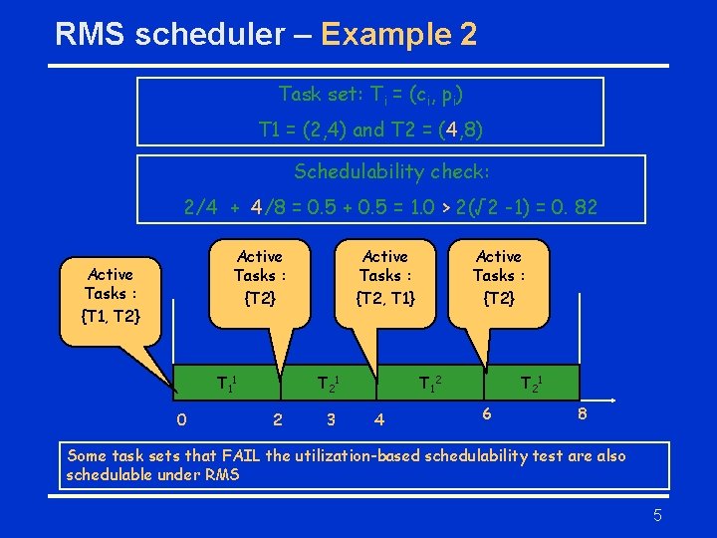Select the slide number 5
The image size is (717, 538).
point(657,515)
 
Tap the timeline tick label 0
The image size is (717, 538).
point(180,419)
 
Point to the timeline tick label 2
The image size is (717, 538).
point(277,419)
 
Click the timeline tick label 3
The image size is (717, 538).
point(331,419)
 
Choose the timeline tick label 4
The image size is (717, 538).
point(379,419)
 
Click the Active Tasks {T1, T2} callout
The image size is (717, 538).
point(111,295)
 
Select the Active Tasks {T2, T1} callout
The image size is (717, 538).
point(385,276)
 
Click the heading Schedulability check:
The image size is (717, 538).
point(391,171)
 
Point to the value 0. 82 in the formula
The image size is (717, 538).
point(574,208)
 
